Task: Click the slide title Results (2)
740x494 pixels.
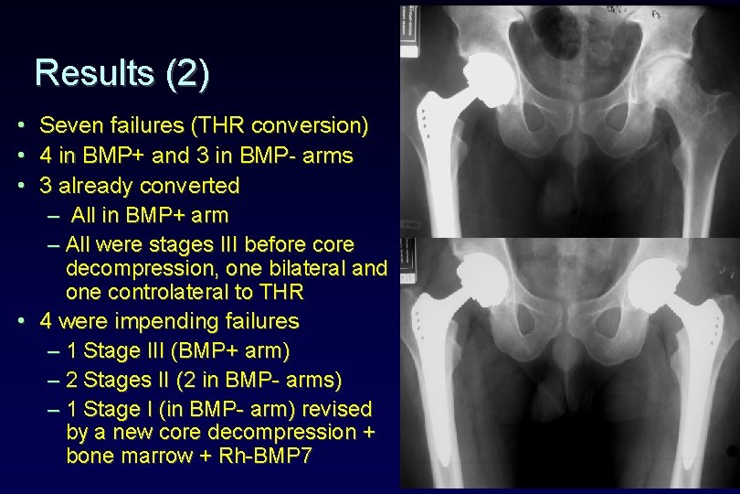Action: click(x=122, y=73)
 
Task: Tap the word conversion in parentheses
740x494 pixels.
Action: click(x=312, y=124)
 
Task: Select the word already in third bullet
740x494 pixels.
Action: click(x=100, y=186)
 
